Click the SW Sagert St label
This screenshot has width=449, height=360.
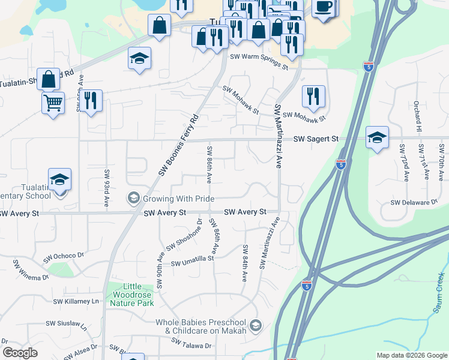click(316, 139)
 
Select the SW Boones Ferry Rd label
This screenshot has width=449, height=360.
click(178, 146)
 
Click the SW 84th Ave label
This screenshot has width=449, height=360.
click(245, 263)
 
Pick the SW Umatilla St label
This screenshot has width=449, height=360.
click(193, 262)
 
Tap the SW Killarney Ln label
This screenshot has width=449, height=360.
click(76, 301)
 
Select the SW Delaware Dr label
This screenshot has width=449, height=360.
click(414, 203)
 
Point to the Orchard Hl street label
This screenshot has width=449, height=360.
click(417, 116)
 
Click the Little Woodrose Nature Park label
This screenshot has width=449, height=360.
click(132, 295)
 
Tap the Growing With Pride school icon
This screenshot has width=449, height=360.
click(133, 198)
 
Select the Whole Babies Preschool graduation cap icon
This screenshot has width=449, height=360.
click(256, 326)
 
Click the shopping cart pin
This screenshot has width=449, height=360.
click(53, 102)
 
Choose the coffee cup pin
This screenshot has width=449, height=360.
click(324, 7)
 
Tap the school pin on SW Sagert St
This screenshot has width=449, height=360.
click(377, 137)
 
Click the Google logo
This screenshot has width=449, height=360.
click(20, 353)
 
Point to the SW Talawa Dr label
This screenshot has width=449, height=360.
click(191, 344)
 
